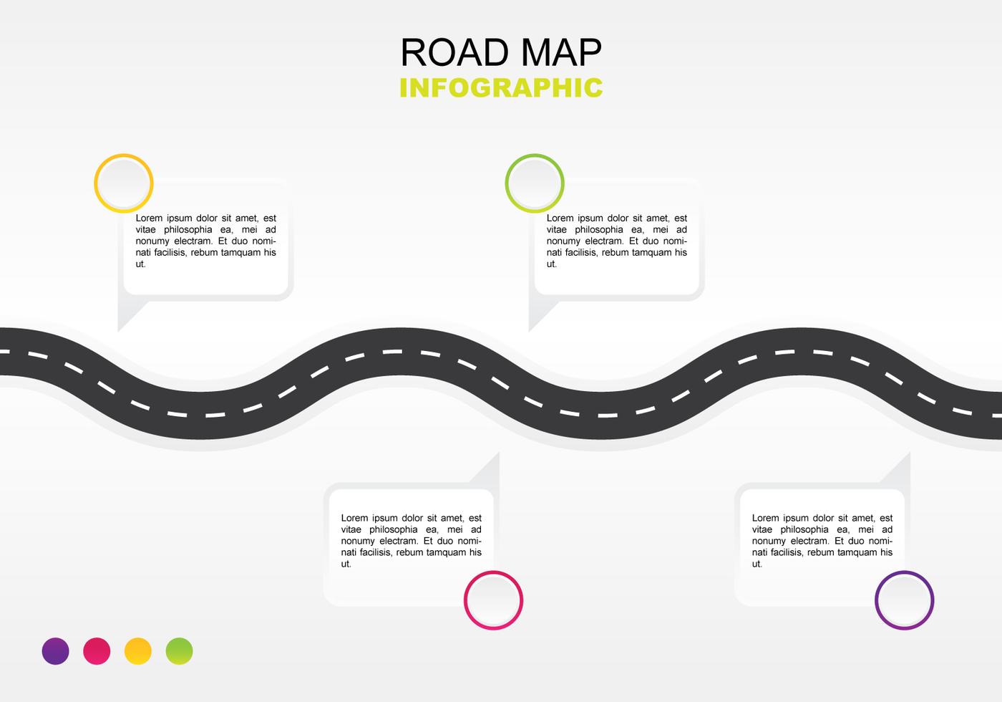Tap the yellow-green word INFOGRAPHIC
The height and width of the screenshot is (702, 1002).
click(x=501, y=87)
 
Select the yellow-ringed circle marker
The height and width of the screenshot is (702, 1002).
click(x=123, y=183)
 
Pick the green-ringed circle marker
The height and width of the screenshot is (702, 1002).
click(x=535, y=183)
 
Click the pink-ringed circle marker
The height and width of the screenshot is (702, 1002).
click(x=493, y=600)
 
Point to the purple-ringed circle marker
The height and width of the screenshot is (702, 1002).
click(x=905, y=600)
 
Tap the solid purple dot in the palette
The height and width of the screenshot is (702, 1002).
click(x=56, y=651)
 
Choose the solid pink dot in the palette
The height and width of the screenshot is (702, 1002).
click(x=97, y=651)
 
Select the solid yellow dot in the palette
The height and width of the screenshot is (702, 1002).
click(x=137, y=651)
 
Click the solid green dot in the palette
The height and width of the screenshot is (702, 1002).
click(x=180, y=651)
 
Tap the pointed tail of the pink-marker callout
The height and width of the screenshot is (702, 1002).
click(x=499, y=453)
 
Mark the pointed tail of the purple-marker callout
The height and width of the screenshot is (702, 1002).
click(x=910, y=453)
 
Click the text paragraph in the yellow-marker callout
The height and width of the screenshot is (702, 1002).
click(x=206, y=241)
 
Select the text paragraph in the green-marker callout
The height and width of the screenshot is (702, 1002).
click(x=617, y=241)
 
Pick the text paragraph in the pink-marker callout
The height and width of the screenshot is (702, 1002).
click(x=411, y=541)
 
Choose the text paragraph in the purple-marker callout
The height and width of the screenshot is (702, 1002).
click(x=822, y=541)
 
